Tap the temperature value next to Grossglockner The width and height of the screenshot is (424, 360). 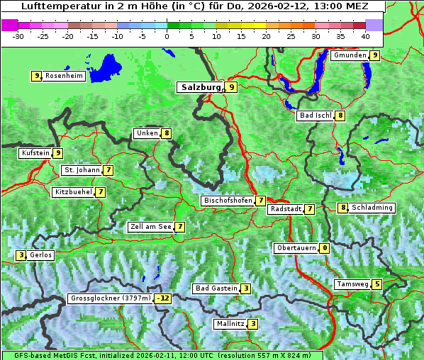pyautogui.click(x=164, y=298)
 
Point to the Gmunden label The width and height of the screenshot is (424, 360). pyautogui.click(x=350, y=55)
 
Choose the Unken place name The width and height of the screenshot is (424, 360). pyautogui.click(x=147, y=133)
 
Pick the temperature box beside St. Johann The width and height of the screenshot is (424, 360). pyautogui.click(x=108, y=170)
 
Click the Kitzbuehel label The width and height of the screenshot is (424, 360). pyautogui.click(x=72, y=192)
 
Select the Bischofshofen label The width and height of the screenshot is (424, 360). pyautogui.click(x=228, y=201)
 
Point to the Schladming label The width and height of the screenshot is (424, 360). pyautogui.click(x=372, y=208)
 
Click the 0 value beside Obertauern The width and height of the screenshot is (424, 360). pyautogui.click(x=324, y=248)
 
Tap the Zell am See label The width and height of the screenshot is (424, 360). pyautogui.click(x=151, y=227)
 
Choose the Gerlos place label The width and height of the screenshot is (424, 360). pyautogui.click(x=40, y=255)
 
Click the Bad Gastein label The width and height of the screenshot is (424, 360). pyautogui.click(x=216, y=288)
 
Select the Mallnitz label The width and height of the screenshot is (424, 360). pyautogui.click(x=230, y=324)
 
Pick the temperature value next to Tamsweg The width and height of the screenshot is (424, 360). pyautogui.click(x=377, y=284)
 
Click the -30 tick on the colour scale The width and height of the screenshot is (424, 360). pyautogui.click(x=18, y=35)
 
